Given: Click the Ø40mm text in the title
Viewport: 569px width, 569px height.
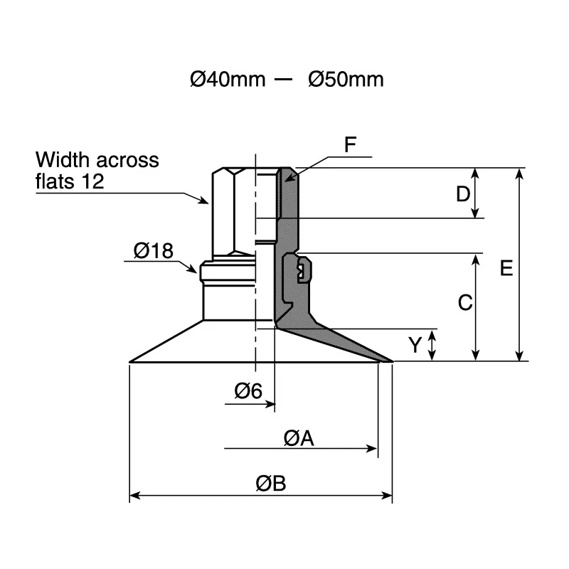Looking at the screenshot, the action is tap(228, 79).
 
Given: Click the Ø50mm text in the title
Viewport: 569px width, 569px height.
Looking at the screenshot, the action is tap(346, 79).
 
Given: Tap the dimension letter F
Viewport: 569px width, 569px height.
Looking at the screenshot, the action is tap(350, 144).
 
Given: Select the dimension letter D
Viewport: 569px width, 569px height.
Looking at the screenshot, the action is tap(463, 194).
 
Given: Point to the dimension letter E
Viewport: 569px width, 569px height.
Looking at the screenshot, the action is tap(506, 268).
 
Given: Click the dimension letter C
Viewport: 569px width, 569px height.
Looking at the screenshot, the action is tap(465, 302).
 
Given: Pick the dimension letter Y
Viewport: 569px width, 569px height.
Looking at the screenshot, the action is tap(415, 344).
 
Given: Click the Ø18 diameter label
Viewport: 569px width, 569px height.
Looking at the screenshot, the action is tap(154, 251).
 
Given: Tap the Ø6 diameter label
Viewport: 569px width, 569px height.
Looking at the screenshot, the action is tap(248, 390).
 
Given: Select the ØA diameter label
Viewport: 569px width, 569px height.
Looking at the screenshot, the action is tap(299, 438).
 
